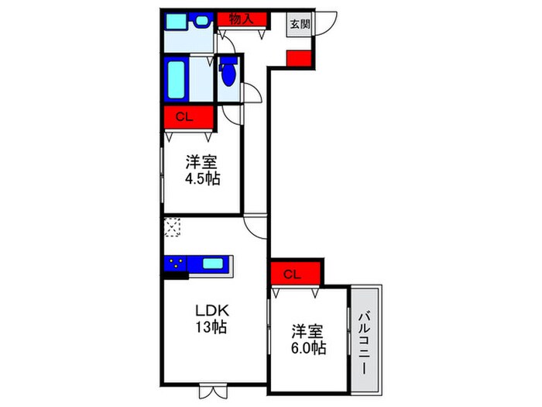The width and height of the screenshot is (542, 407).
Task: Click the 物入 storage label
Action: (242, 19)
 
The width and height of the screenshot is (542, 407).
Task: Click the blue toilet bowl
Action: (228, 74)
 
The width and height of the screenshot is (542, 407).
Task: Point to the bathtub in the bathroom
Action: (177, 80)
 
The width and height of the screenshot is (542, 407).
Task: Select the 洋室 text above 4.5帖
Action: (201, 163)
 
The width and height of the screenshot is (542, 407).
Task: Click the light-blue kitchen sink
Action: (212, 264)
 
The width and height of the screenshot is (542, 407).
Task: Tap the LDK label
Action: (208, 311)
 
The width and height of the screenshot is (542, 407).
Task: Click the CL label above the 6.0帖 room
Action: (291, 274)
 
